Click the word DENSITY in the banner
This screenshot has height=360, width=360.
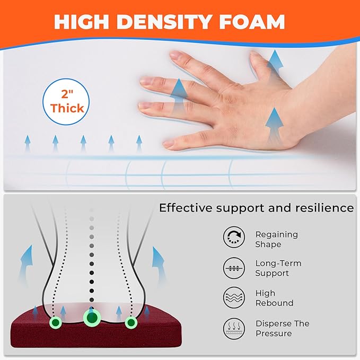point(164,22)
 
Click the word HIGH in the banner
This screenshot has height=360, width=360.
point(82,22)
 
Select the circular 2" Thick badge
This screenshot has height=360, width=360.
point(66,102)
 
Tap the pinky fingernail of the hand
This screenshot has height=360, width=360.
point(169,144)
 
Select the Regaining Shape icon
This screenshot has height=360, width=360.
point(234,237)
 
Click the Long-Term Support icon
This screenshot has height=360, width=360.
point(234,268)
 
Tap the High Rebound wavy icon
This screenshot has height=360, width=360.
point(234,297)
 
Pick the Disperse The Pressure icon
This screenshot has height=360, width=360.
point(234,329)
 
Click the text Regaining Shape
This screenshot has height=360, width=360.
point(277,239)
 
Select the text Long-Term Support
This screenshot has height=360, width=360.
point(278,268)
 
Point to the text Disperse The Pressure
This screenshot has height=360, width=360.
point(283,328)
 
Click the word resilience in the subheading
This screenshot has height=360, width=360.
point(324,208)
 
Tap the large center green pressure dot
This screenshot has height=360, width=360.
point(92,318)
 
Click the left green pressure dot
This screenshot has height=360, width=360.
point(56,322)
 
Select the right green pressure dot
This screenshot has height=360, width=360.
point(131,322)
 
